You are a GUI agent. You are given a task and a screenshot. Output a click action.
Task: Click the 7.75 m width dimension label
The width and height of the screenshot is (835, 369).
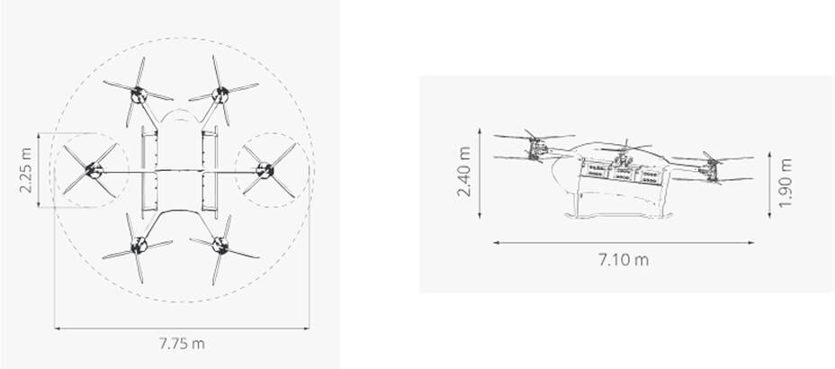click(182, 344)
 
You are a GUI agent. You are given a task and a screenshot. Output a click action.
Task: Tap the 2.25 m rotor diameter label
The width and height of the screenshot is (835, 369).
click(26, 170)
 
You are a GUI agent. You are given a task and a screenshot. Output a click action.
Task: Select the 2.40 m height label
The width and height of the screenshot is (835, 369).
click(464, 172)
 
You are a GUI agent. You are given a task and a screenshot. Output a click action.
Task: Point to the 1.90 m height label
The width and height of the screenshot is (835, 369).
click(786, 183)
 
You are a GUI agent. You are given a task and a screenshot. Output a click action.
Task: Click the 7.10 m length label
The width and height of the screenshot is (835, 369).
click(624, 260)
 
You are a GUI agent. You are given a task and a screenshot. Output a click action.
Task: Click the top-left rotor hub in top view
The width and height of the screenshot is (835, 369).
click(139, 94)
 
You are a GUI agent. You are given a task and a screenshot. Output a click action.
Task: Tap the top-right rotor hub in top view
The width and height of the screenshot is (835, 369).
click(220, 94)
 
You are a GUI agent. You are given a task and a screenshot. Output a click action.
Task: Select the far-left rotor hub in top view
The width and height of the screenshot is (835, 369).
click(94, 170)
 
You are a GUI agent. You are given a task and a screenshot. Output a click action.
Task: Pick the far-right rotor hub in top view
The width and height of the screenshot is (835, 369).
click(265, 170)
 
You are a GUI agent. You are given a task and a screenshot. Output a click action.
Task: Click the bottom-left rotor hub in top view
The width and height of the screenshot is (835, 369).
click(139, 246)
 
